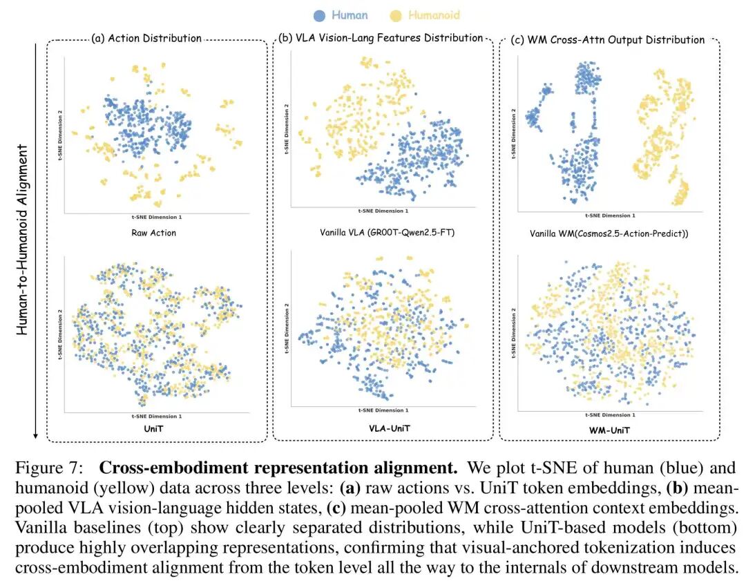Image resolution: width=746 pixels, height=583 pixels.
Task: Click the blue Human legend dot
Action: [x=318, y=15]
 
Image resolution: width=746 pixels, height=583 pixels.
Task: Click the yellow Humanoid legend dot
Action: [x=396, y=15]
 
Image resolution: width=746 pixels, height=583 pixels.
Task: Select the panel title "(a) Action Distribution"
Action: [x=146, y=39]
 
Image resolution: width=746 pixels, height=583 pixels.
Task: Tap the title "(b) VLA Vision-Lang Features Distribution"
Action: [x=379, y=38]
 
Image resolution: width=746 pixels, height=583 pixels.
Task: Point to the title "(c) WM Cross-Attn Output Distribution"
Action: [x=608, y=39]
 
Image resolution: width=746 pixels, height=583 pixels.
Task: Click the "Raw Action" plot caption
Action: [x=153, y=233]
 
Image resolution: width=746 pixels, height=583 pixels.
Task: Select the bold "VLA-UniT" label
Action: [x=382, y=429]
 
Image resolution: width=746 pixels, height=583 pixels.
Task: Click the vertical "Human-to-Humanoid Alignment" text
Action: [x=23, y=239]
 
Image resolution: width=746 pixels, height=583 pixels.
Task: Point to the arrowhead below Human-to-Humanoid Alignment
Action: [x=35, y=437]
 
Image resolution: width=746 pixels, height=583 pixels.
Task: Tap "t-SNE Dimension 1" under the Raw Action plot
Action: [x=157, y=216]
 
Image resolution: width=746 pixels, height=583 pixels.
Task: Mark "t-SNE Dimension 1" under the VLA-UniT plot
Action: [x=383, y=410]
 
